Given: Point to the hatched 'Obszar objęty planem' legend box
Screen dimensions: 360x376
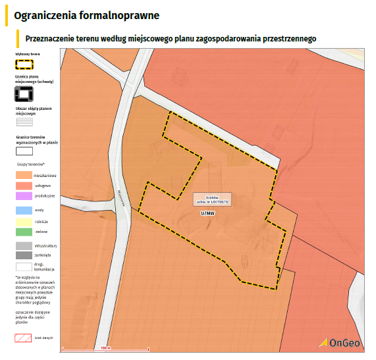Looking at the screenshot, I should (x=24, y=121).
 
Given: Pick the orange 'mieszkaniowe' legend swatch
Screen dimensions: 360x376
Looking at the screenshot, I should (x=24, y=176).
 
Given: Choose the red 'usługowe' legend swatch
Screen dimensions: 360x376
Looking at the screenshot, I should (x=24, y=186).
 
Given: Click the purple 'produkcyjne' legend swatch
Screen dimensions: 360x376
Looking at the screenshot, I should (x=24, y=195).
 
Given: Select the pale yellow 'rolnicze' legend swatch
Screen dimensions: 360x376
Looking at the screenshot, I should (x=24, y=221).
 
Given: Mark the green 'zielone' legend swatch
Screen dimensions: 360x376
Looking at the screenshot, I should (x=24, y=232).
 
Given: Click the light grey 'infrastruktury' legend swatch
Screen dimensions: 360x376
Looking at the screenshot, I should (x=24, y=245).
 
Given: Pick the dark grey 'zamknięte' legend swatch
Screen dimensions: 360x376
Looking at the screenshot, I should (x=24, y=255).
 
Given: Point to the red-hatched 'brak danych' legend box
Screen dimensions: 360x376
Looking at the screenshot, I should (x=24, y=338).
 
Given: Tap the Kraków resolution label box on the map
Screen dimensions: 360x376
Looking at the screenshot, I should (x=211, y=199).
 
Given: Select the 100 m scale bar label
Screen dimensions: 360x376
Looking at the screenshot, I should (x=104, y=347).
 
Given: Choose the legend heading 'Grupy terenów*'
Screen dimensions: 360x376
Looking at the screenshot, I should (x=31, y=163).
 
